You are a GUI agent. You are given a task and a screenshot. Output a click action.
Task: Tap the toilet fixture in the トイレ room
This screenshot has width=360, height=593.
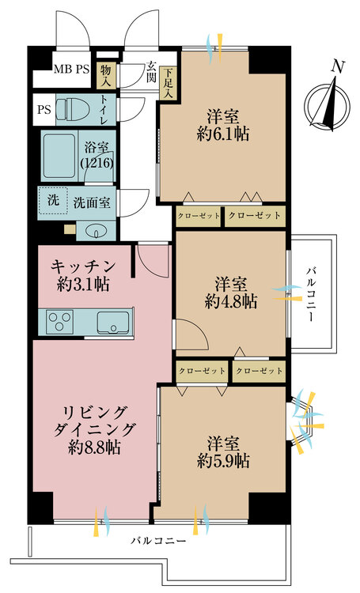(x=75, y=108)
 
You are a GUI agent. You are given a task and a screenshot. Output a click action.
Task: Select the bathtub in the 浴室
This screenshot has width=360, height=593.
(x=59, y=156)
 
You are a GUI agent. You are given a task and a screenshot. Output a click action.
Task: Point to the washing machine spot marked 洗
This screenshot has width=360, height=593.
(x=52, y=202)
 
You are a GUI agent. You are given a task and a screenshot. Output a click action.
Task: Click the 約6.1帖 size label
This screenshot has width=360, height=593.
(x=223, y=134)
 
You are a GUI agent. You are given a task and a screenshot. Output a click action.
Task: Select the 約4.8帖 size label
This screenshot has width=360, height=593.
(x=230, y=300)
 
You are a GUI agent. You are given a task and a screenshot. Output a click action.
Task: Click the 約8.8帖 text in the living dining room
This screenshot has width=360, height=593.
(x=93, y=447)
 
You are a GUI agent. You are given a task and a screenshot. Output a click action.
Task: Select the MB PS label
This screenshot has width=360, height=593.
(x=71, y=70)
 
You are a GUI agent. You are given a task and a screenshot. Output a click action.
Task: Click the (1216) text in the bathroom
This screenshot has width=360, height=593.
(x=96, y=161)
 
